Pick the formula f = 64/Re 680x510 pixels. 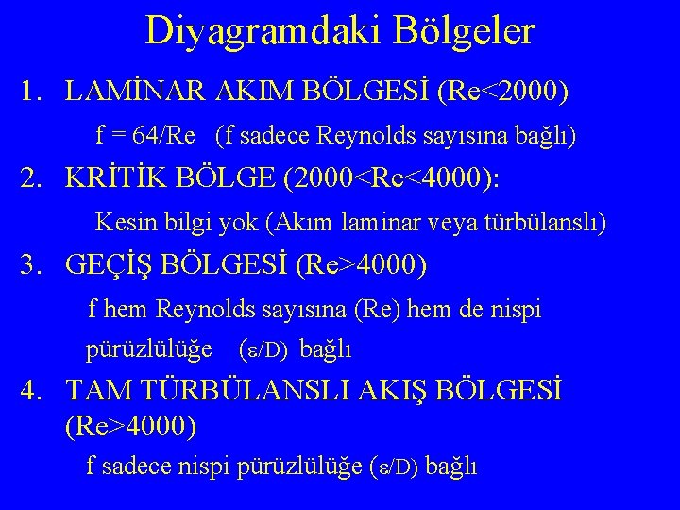click(x=145, y=136)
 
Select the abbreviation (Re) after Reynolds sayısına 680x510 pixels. click(x=379, y=310)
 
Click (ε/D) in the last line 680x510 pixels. click(x=397, y=467)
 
